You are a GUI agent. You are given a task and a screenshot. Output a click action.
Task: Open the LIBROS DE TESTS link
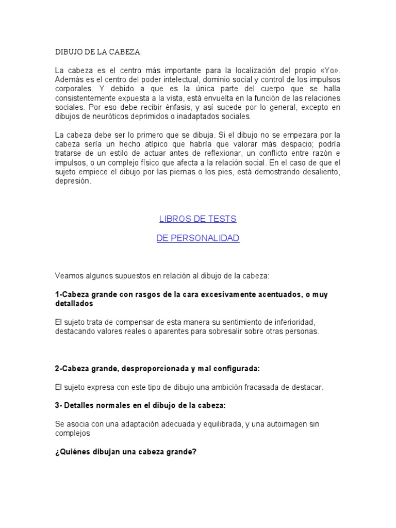coord(197,219)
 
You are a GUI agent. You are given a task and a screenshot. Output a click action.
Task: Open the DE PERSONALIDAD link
coord(197,238)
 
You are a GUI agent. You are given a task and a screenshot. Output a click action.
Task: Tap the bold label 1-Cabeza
coord(73,294)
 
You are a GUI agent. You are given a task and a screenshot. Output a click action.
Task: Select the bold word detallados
coord(75,304)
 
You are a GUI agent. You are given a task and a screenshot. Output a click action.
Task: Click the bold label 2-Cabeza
coord(73,369)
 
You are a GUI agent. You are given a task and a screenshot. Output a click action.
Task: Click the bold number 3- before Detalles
coord(59,405)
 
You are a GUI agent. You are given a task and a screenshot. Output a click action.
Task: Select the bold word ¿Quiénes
coord(74,452)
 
